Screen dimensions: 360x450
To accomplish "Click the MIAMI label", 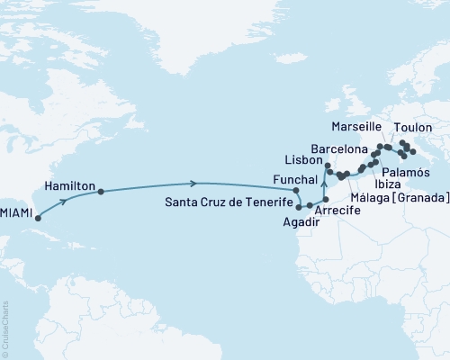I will click(16, 212).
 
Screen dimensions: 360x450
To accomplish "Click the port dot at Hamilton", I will click(101, 192).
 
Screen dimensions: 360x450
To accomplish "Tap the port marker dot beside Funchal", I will click(295, 190).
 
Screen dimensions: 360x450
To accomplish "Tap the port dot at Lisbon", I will click(327, 166).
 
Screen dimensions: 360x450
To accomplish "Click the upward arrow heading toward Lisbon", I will click(324, 184).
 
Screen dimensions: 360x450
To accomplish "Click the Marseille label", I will click(357, 126).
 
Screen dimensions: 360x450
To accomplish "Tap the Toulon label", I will click(414, 128).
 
